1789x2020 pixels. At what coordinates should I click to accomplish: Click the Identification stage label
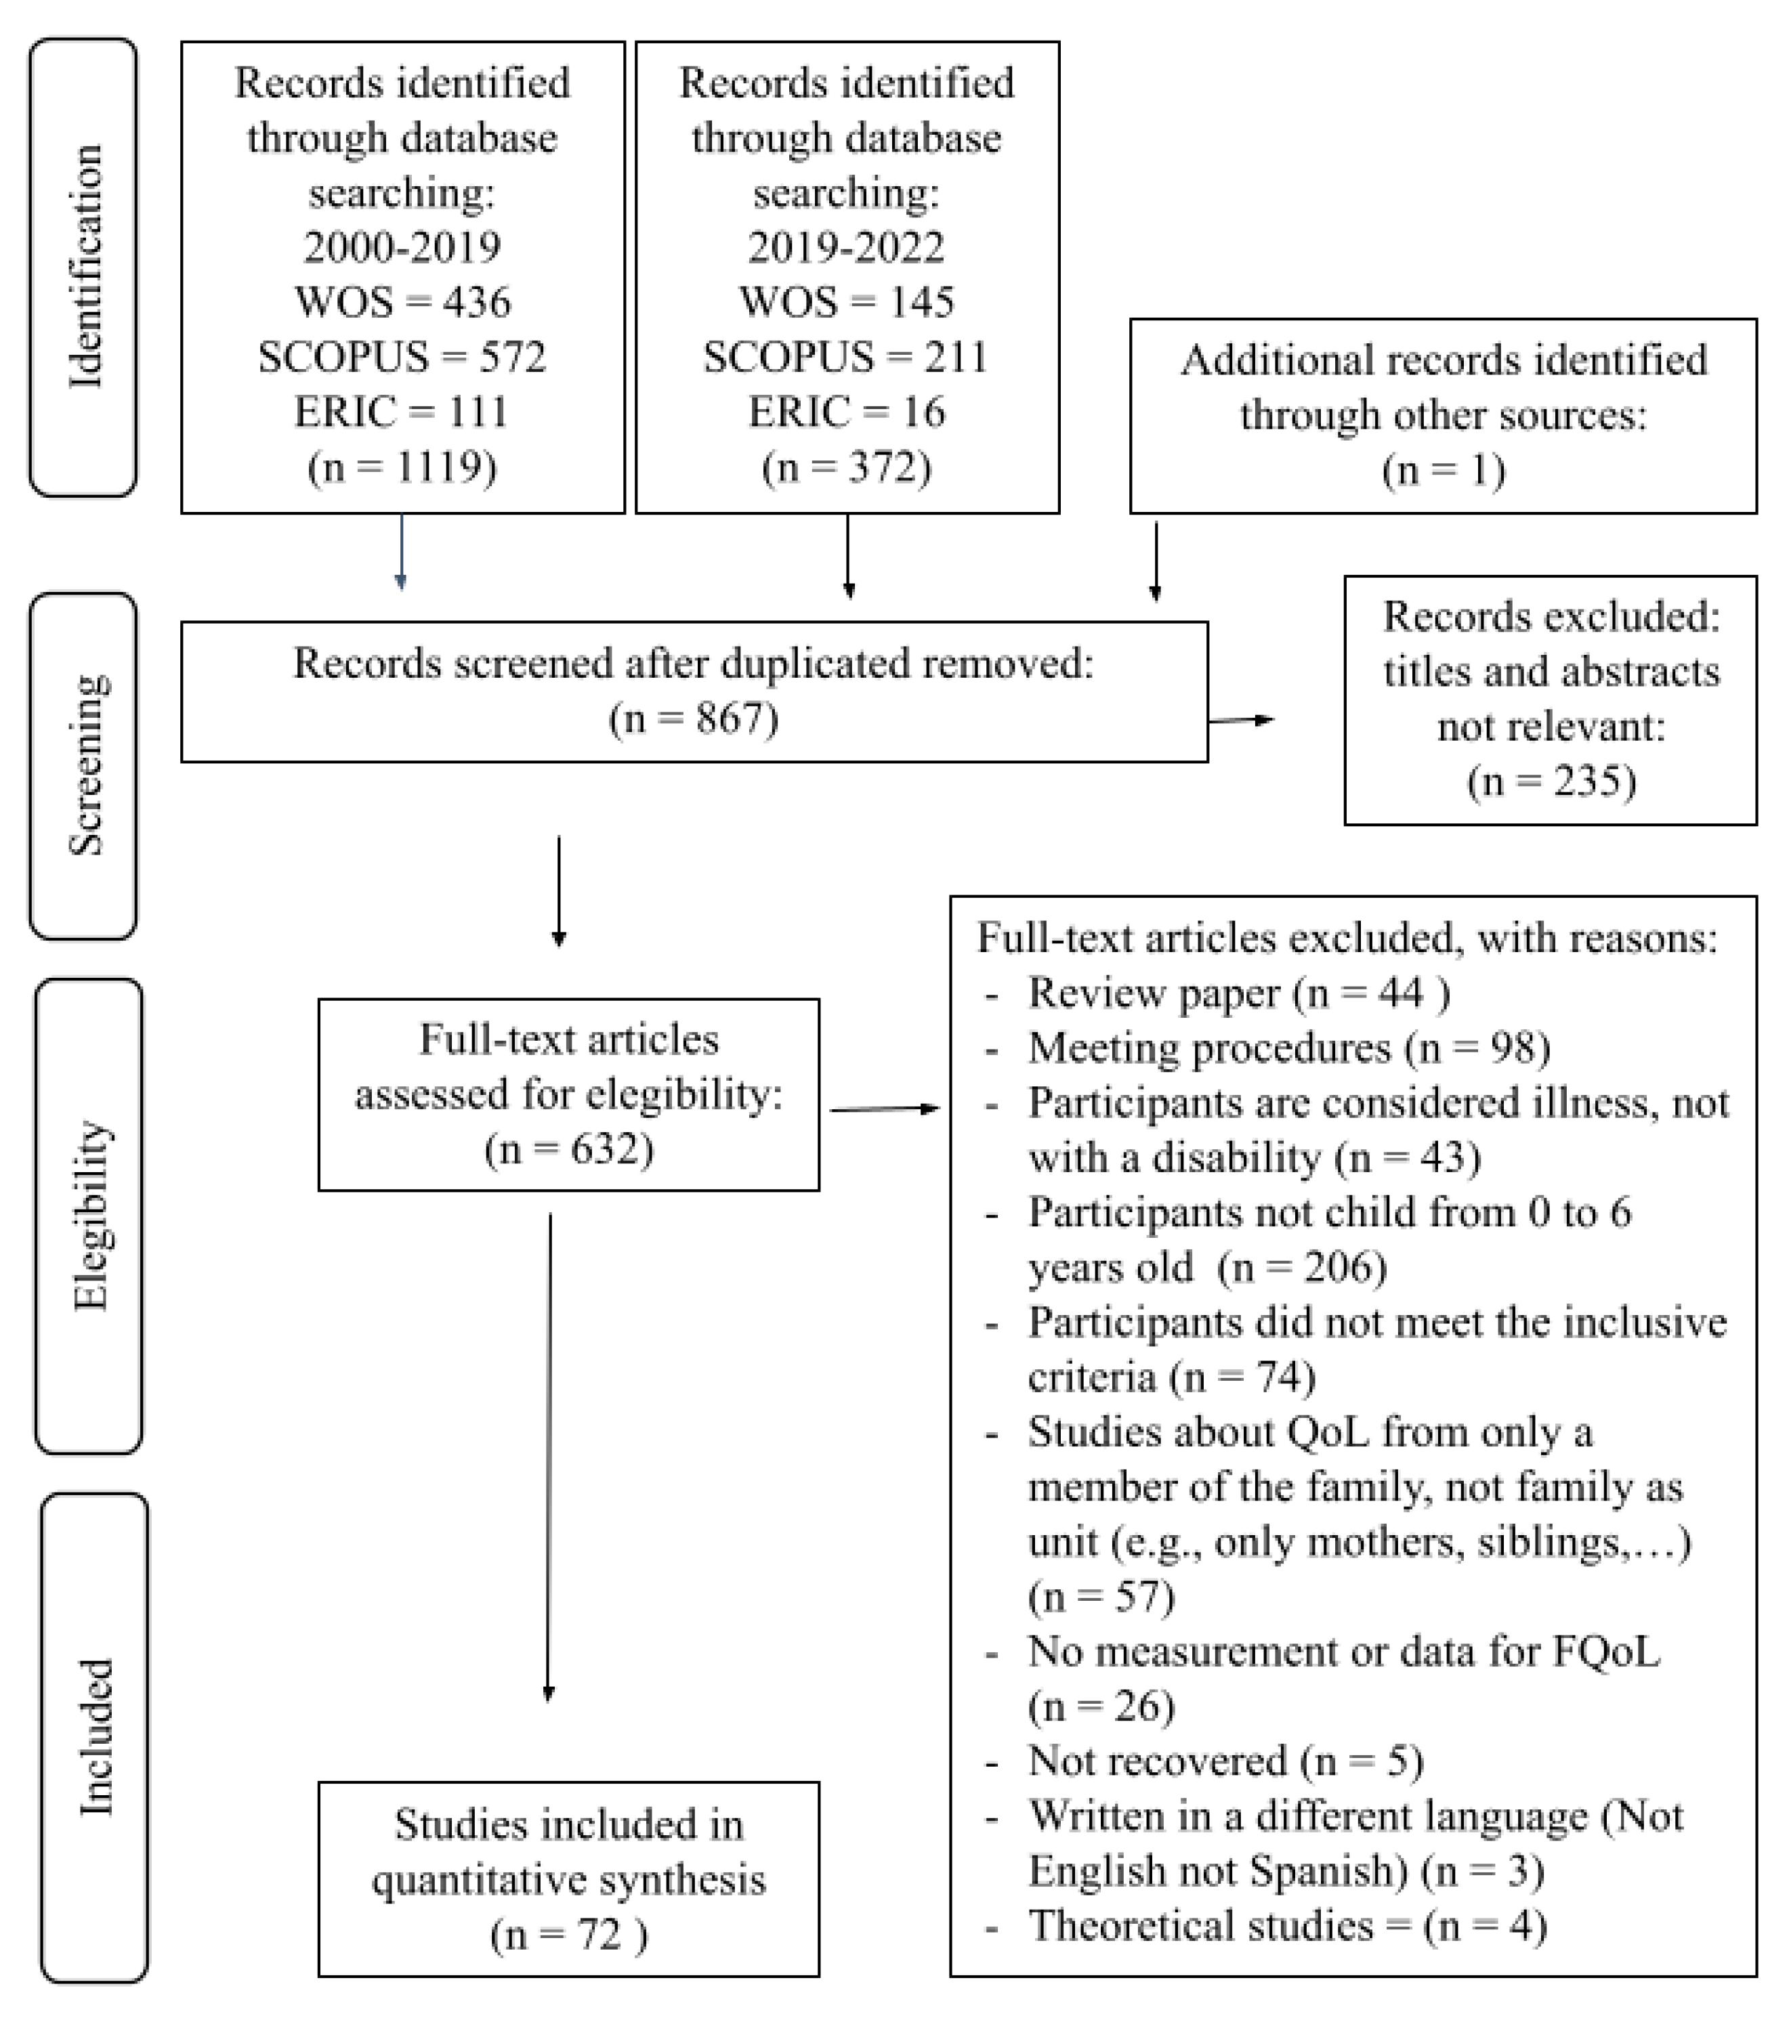point(85,267)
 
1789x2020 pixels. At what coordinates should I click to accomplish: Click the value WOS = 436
point(402,301)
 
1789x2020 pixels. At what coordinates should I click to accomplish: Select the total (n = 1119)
point(402,467)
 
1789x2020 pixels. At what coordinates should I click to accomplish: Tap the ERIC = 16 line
point(846,411)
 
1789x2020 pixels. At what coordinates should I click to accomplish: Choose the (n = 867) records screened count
point(694,718)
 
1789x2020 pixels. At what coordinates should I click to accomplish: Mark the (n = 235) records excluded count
point(1551,781)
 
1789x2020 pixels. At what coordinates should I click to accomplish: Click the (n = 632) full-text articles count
point(568,1148)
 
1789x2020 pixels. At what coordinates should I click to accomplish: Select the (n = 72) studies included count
point(568,1934)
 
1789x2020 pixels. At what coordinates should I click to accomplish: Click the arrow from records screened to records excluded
point(1242,721)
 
